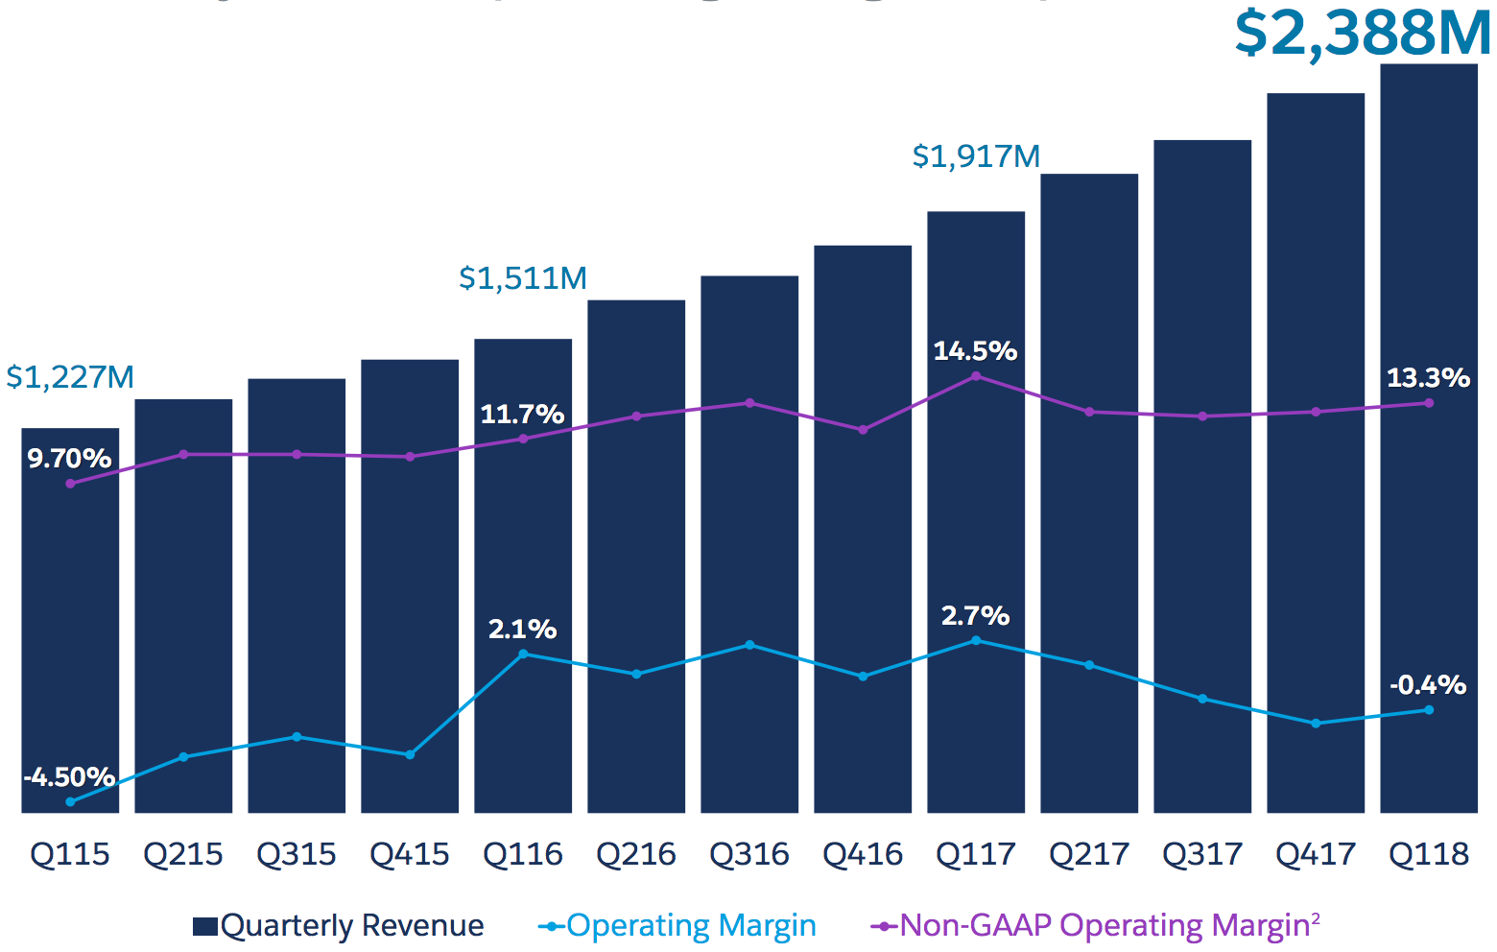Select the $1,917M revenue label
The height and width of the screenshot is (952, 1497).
[x=976, y=156]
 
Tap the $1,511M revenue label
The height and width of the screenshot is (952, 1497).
[x=523, y=278]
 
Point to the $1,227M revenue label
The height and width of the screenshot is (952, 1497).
[x=70, y=377]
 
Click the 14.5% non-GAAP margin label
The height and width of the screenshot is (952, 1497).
[x=975, y=351]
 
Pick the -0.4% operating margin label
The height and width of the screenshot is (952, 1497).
[x=1428, y=685]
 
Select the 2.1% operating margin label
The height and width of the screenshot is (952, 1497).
[x=522, y=630]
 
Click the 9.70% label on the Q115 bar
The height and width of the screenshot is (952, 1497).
[x=69, y=459]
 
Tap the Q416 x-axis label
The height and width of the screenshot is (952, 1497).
[x=863, y=854]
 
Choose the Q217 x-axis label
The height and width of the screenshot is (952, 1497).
[x=1089, y=854]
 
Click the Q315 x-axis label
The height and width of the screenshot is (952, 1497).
[x=297, y=854]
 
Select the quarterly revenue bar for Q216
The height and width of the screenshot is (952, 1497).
[x=636, y=557]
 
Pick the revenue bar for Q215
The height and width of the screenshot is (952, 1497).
[x=183, y=605]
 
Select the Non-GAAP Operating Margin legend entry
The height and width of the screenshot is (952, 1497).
[x=1095, y=926]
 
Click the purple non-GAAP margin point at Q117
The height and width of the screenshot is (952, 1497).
[x=976, y=376]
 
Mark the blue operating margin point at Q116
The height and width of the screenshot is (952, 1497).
[x=523, y=654]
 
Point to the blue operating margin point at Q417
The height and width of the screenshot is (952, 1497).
[x=1316, y=724]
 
